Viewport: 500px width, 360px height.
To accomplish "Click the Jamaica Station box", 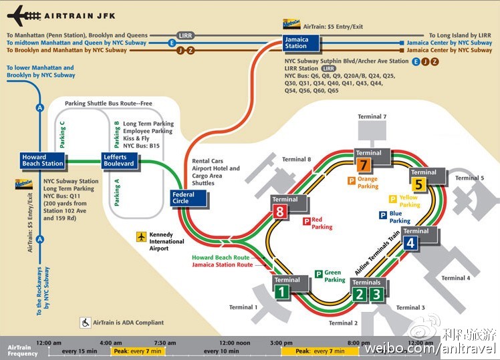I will [x=295, y=43].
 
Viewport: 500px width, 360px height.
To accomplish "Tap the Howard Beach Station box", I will [x=43, y=160].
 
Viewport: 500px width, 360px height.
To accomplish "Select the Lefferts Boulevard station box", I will [x=119, y=160].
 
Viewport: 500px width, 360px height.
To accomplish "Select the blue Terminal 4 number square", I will [x=410, y=243].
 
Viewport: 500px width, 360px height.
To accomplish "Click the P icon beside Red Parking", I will [x=307, y=221].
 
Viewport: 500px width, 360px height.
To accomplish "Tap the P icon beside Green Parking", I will [x=320, y=273].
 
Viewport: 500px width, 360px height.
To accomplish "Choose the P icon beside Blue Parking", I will [x=383, y=215].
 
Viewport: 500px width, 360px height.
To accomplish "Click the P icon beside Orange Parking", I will [x=351, y=180].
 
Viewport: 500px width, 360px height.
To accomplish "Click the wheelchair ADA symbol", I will [x=86, y=322].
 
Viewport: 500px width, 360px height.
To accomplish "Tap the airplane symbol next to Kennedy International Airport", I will [x=141, y=236].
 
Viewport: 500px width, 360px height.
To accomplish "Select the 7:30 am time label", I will [x=164, y=342].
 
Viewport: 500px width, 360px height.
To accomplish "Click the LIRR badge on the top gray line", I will [x=185, y=35].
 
